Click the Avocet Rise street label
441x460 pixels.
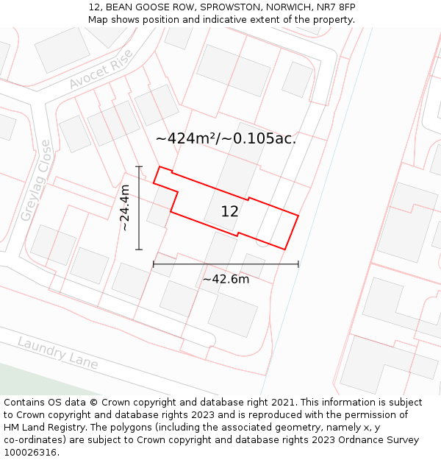click(101, 70)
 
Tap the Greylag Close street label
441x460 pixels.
click(35, 180)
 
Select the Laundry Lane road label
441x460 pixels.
click(57, 353)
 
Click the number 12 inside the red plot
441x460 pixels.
click(229, 211)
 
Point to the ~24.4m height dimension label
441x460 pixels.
click(125, 208)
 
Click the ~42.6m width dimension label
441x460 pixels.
click(226, 279)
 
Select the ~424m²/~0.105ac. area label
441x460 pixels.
click(226, 138)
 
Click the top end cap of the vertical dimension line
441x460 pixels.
click(139, 167)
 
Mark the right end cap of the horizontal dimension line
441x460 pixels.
click(298, 263)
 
